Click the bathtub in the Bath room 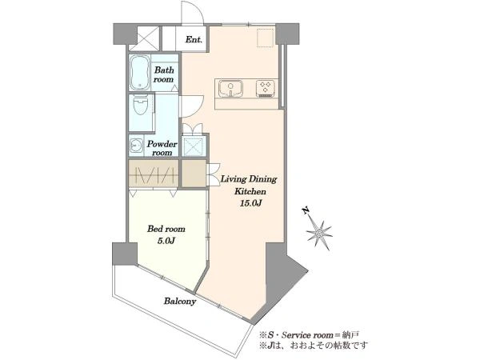140,73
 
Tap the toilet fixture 141,104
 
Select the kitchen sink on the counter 230,88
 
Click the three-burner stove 265,88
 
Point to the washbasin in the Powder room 135,146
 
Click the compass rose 319,234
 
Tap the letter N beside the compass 305,210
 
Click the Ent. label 194,39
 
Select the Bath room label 164,74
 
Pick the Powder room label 162,148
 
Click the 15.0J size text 250,203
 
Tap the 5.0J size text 166,241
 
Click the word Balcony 180,302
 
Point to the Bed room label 166,229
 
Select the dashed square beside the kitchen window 265,38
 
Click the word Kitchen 250,192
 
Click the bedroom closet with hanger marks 154,174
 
